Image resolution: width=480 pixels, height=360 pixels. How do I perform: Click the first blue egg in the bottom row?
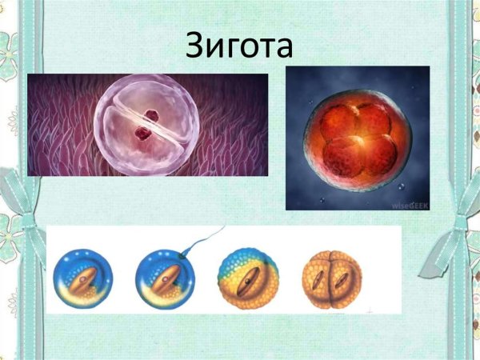tap(83, 280)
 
